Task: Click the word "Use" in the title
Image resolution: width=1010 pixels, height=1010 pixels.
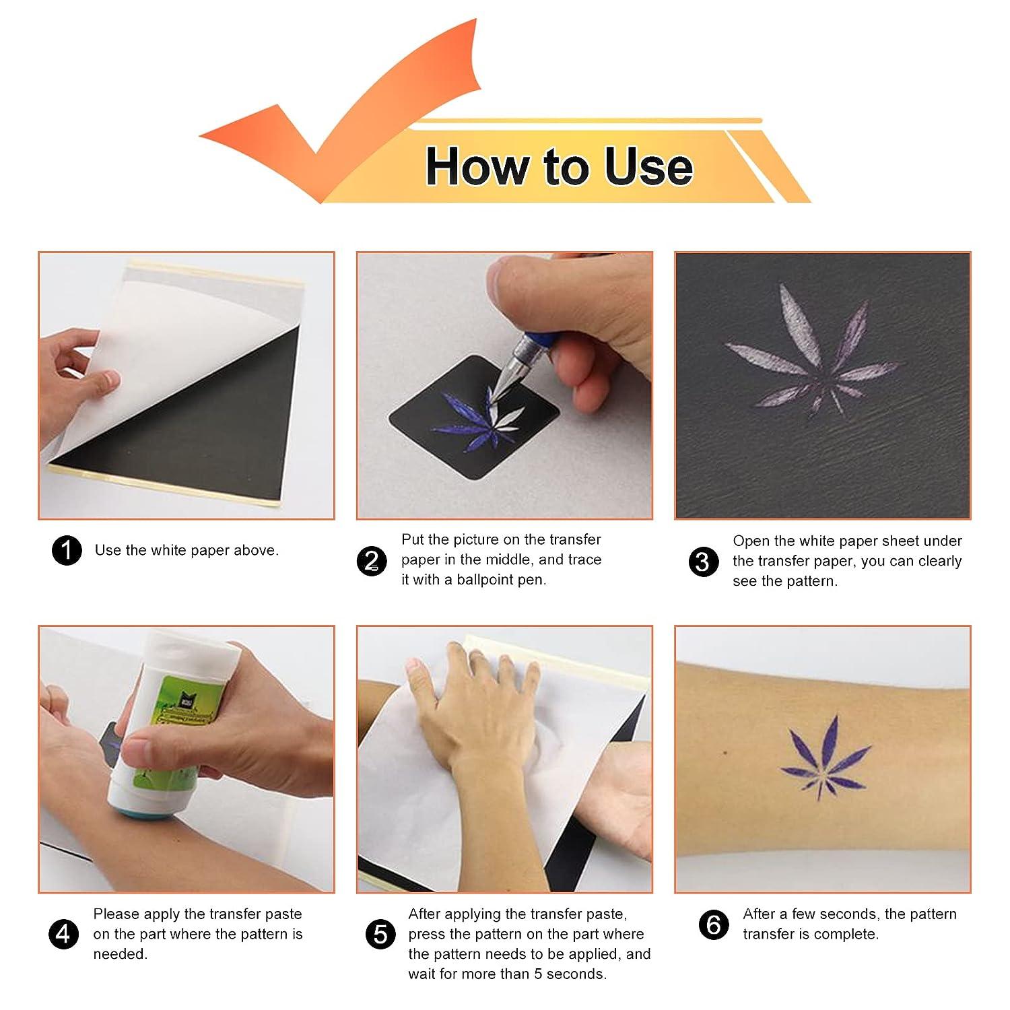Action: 648,166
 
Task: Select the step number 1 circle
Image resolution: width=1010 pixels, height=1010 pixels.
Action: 67,551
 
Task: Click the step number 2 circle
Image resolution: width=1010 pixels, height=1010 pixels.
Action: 372,562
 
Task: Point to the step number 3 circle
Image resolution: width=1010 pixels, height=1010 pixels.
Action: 703,562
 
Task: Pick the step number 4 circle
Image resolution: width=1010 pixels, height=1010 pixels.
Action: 63,934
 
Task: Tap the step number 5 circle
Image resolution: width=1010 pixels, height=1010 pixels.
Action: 381,934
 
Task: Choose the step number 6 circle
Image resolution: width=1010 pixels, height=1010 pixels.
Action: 714,925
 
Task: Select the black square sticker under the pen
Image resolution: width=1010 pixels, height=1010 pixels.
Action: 475,417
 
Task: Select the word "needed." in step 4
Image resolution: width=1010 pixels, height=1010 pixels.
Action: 121,954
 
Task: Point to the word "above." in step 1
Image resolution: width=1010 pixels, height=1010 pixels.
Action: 257,551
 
